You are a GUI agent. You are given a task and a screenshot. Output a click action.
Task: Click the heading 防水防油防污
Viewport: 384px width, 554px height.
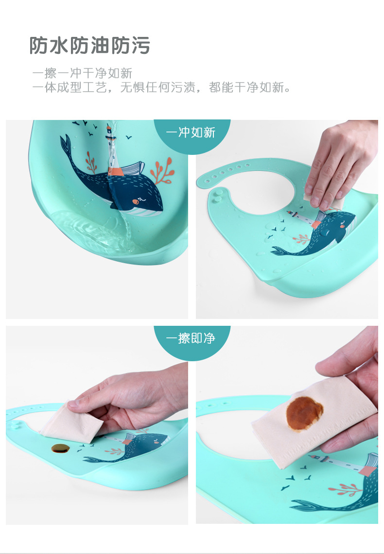point(90,46)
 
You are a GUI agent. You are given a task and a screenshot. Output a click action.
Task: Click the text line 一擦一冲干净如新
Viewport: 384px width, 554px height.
point(82,73)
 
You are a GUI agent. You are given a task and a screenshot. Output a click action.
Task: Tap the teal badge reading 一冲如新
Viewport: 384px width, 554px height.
point(191,132)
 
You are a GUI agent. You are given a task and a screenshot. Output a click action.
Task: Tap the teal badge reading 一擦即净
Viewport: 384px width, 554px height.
point(191,338)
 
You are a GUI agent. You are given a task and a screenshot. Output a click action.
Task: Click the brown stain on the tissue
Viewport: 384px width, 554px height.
point(304,414)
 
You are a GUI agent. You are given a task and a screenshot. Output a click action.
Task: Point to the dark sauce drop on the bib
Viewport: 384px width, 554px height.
point(61,448)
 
